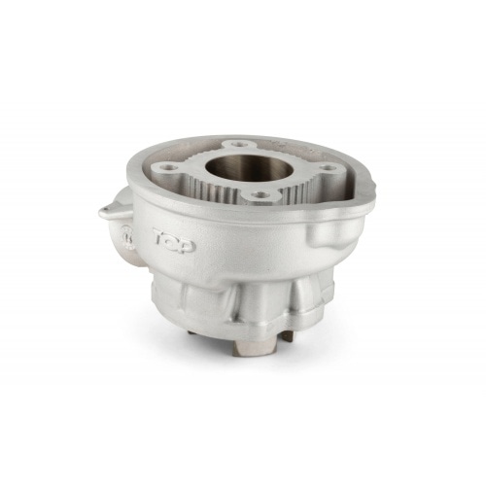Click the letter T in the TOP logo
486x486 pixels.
159,234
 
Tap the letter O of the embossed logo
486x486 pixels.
174,239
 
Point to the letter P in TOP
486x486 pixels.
187,245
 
